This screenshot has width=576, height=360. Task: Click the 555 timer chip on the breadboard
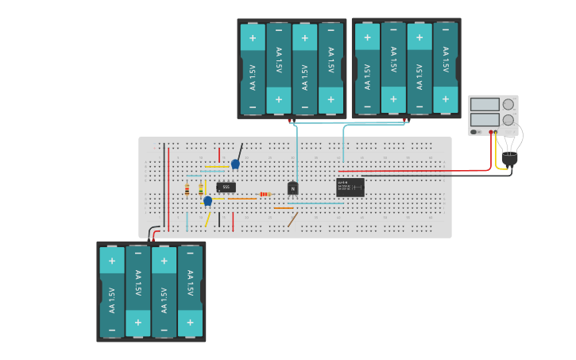click(226, 188)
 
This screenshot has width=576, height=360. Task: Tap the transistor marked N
click(292, 188)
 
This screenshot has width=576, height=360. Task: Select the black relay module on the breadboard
click(350, 188)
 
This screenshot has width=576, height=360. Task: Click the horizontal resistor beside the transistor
click(265, 194)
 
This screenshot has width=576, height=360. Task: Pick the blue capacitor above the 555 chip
click(235, 164)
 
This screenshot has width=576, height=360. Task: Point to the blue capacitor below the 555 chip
click(208, 201)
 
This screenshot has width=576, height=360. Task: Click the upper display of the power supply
click(485, 104)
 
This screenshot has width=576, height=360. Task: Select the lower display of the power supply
click(485, 119)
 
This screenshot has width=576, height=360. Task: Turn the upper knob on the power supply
click(508, 104)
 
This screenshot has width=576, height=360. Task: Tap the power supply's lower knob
click(508, 120)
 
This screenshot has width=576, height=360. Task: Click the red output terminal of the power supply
click(492, 132)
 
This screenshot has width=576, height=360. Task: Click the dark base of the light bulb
click(509, 160)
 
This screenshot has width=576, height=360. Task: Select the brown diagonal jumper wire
click(293, 219)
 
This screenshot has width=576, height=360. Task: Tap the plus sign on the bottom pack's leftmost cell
click(112, 261)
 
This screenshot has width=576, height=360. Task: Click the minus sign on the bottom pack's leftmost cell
click(112, 329)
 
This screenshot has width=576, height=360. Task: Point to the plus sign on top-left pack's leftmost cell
click(253, 37)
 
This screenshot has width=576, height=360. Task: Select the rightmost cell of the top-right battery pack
click(446, 68)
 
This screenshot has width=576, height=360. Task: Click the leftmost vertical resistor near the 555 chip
click(187, 190)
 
